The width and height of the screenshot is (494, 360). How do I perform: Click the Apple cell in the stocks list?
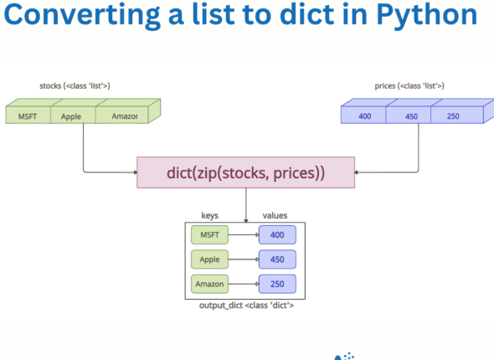[72, 116]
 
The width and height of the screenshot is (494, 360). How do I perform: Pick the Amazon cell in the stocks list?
[124, 116]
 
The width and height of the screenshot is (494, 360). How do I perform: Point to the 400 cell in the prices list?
[365, 116]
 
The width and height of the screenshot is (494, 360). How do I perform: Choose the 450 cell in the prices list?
[411, 116]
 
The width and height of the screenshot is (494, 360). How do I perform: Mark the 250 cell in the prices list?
[453, 116]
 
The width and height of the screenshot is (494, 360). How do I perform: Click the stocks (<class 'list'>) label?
[75, 85]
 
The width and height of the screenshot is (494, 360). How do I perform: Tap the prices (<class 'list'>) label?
[409, 85]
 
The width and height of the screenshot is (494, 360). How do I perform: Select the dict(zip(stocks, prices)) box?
[245, 173]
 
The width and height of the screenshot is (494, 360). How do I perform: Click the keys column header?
[210, 215]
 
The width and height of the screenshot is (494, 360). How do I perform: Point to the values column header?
[275, 215]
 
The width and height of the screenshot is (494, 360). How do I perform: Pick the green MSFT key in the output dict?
[209, 235]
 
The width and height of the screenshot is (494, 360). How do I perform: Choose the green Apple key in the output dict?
[209, 260]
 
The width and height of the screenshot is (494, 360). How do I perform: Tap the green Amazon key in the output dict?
[209, 284]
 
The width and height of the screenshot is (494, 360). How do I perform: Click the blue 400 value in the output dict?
[277, 235]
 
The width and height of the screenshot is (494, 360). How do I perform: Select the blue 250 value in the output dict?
[277, 284]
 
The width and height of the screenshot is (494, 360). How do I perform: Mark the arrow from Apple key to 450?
[243, 260]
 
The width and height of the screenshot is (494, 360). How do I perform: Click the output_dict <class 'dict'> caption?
[245, 306]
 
